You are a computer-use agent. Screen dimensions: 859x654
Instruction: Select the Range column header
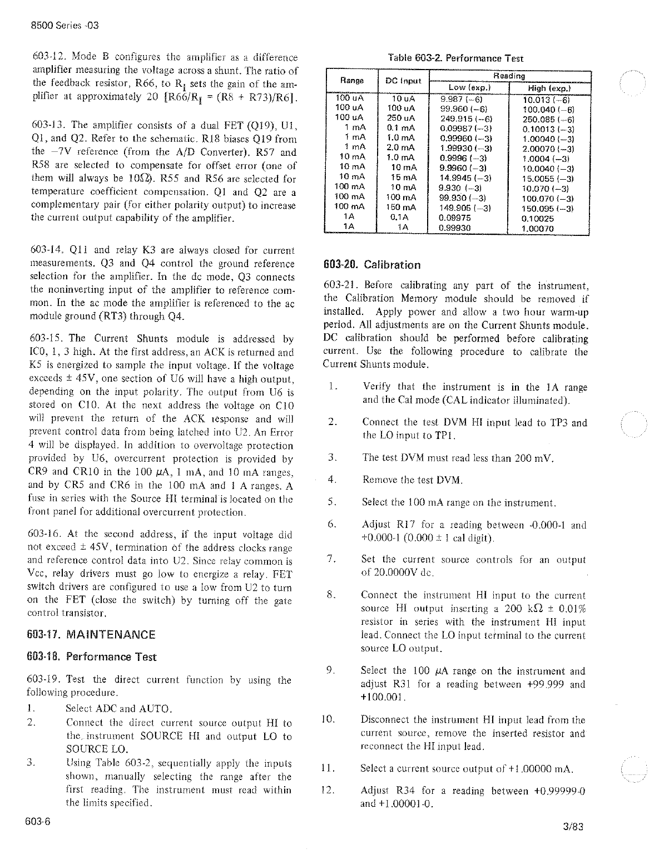(x=351, y=80)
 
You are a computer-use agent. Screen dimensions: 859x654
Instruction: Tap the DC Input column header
(x=404, y=80)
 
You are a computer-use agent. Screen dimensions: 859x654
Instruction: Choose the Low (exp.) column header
(x=468, y=88)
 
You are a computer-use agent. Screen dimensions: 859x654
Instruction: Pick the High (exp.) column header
(x=549, y=88)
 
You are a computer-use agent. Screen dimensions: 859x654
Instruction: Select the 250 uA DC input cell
(x=402, y=119)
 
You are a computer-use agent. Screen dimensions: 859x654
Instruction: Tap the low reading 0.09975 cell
(x=454, y=219)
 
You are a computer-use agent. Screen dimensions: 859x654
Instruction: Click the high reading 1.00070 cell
(x=537, y=228)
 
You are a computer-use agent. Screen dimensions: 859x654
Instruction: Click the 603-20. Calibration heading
(x=372, y=265)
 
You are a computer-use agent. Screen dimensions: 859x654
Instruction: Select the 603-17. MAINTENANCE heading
(x=91, y=635)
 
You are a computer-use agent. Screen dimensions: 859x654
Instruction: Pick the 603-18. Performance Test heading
(x=92, y=657)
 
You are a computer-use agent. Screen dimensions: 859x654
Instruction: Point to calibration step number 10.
(x=328, y=720)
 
